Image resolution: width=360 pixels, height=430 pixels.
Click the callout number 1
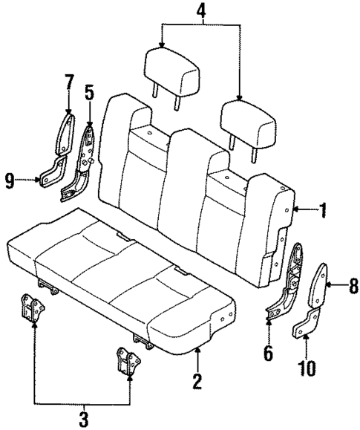(323, 211)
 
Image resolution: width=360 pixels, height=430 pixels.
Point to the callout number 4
(200, 12)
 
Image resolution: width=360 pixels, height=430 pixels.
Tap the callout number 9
(9, 180)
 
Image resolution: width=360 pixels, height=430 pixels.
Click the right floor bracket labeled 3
(128, 359)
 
